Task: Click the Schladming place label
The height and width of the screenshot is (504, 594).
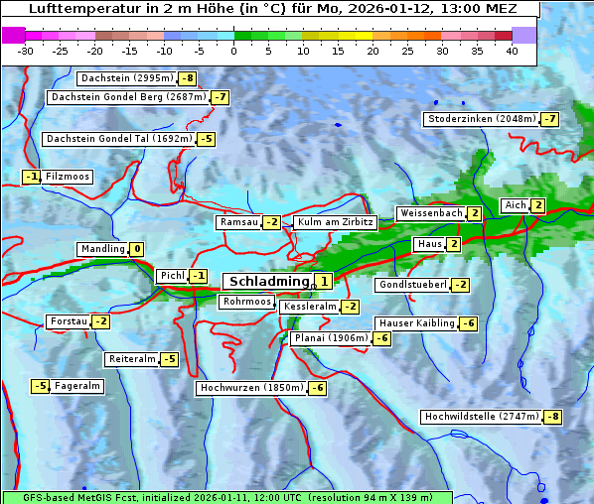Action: click(268, 282)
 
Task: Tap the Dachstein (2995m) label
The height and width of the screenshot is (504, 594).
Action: click(126, 77)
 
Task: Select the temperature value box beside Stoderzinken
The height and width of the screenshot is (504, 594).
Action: click(549, 119)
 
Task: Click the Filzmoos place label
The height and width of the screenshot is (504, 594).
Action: click(68, 177)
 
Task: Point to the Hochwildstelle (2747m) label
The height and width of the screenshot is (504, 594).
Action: click(482, 417)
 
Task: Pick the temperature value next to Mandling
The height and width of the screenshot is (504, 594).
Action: click(137, 249)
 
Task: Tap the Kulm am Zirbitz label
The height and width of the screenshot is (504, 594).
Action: click(336, 222)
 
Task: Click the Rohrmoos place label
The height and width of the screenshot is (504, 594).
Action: click(247, 302)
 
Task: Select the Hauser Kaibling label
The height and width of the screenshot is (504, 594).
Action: click(416, 323)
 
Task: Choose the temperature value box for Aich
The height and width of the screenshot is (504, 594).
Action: click(537, 205)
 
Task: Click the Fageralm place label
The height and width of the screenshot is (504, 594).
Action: click(77, 386)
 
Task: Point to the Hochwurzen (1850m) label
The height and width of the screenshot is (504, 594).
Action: click(250, 388)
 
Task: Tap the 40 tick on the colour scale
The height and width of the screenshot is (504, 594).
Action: click(512, 50)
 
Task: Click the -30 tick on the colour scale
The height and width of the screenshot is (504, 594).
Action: click(26, 50)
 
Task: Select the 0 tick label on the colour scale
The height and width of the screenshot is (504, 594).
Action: click(233, 50)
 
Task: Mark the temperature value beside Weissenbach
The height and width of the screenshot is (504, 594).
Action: click(475, 213)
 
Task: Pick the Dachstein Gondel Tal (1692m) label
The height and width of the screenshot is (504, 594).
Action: click(118, 139)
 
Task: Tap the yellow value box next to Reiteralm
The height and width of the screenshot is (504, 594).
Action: click(170, 359)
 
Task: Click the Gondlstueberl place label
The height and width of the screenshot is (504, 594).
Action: click(412, 285)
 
